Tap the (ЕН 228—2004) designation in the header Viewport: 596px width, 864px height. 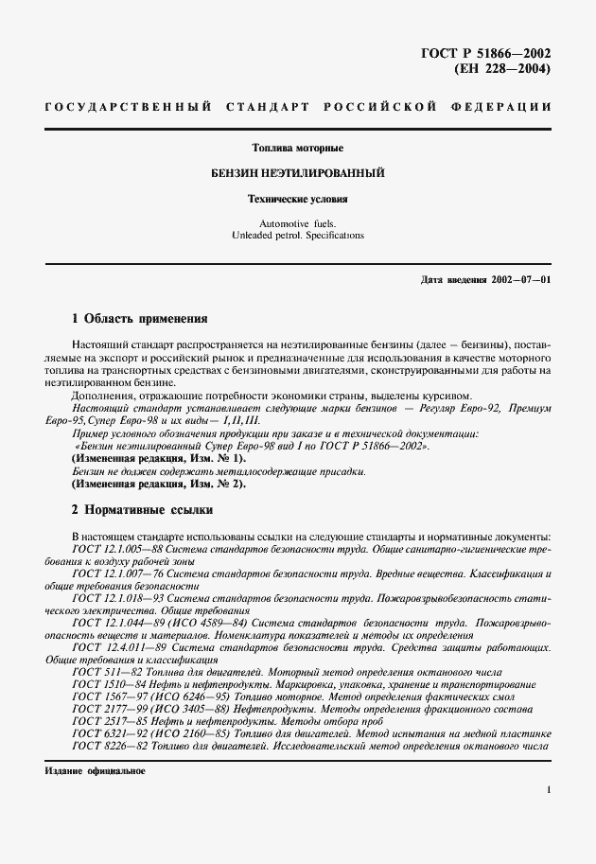502,68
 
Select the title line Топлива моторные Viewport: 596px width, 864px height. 298,149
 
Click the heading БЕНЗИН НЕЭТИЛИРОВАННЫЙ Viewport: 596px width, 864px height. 297,174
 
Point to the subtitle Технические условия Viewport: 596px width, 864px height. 298,200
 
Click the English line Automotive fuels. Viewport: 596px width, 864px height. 298,223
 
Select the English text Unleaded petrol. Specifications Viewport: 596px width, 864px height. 298,236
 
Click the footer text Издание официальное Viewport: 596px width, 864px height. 94,770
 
